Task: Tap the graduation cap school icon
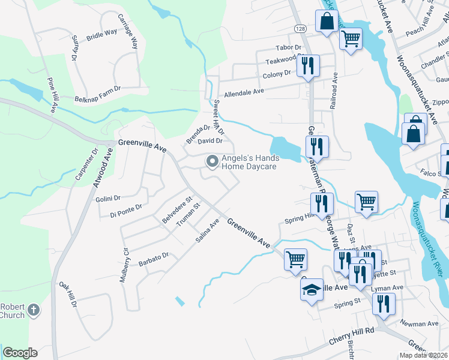(x=312, y=290)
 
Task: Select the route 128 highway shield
(x=299, y=28)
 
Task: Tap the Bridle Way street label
(x=101, y=35)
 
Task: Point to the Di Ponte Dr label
(x=126, y=211)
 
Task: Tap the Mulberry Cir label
(x=125, y=266)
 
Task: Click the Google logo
(x=20, y=353)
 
